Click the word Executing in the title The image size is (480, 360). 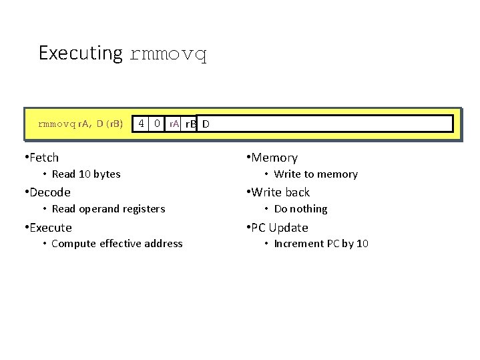coord(80,53)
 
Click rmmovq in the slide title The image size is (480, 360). coord(168,54)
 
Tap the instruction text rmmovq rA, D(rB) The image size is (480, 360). coord(80,124)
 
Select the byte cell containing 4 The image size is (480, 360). coord(142,124)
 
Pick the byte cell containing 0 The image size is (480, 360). coord(157,124)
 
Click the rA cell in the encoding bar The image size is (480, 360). coord(173,124)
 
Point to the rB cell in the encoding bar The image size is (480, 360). coord(190,124)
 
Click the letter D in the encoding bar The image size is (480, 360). coord(206,124)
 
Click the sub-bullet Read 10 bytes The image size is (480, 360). coord(85,174)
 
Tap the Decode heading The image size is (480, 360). coord(49,192)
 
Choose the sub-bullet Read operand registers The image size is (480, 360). coord(107,209)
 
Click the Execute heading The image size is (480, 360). coord(51,228)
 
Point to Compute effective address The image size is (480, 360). coord(116,244)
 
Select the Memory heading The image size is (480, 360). coord(274,158)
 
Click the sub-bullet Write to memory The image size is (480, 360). coord(316,174)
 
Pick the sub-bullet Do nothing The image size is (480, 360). coord(300,209)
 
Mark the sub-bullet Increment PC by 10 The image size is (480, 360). coord(321,244)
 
